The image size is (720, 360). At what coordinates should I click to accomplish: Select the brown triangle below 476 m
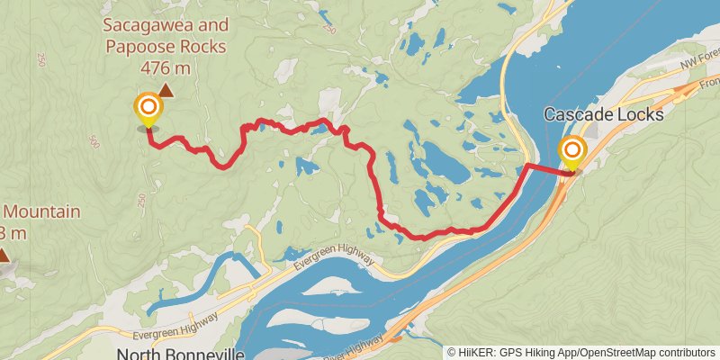(x=166, y=89)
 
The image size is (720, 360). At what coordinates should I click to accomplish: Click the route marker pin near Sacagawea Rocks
(x=148, y=110)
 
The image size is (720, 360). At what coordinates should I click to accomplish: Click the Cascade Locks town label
(x=603, y=115)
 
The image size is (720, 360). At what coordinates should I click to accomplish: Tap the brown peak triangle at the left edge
(x=4, y=256)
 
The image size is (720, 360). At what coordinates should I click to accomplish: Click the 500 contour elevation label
(x=94, y=141)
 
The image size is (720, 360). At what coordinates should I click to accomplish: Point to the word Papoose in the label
(x=137, y=46)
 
